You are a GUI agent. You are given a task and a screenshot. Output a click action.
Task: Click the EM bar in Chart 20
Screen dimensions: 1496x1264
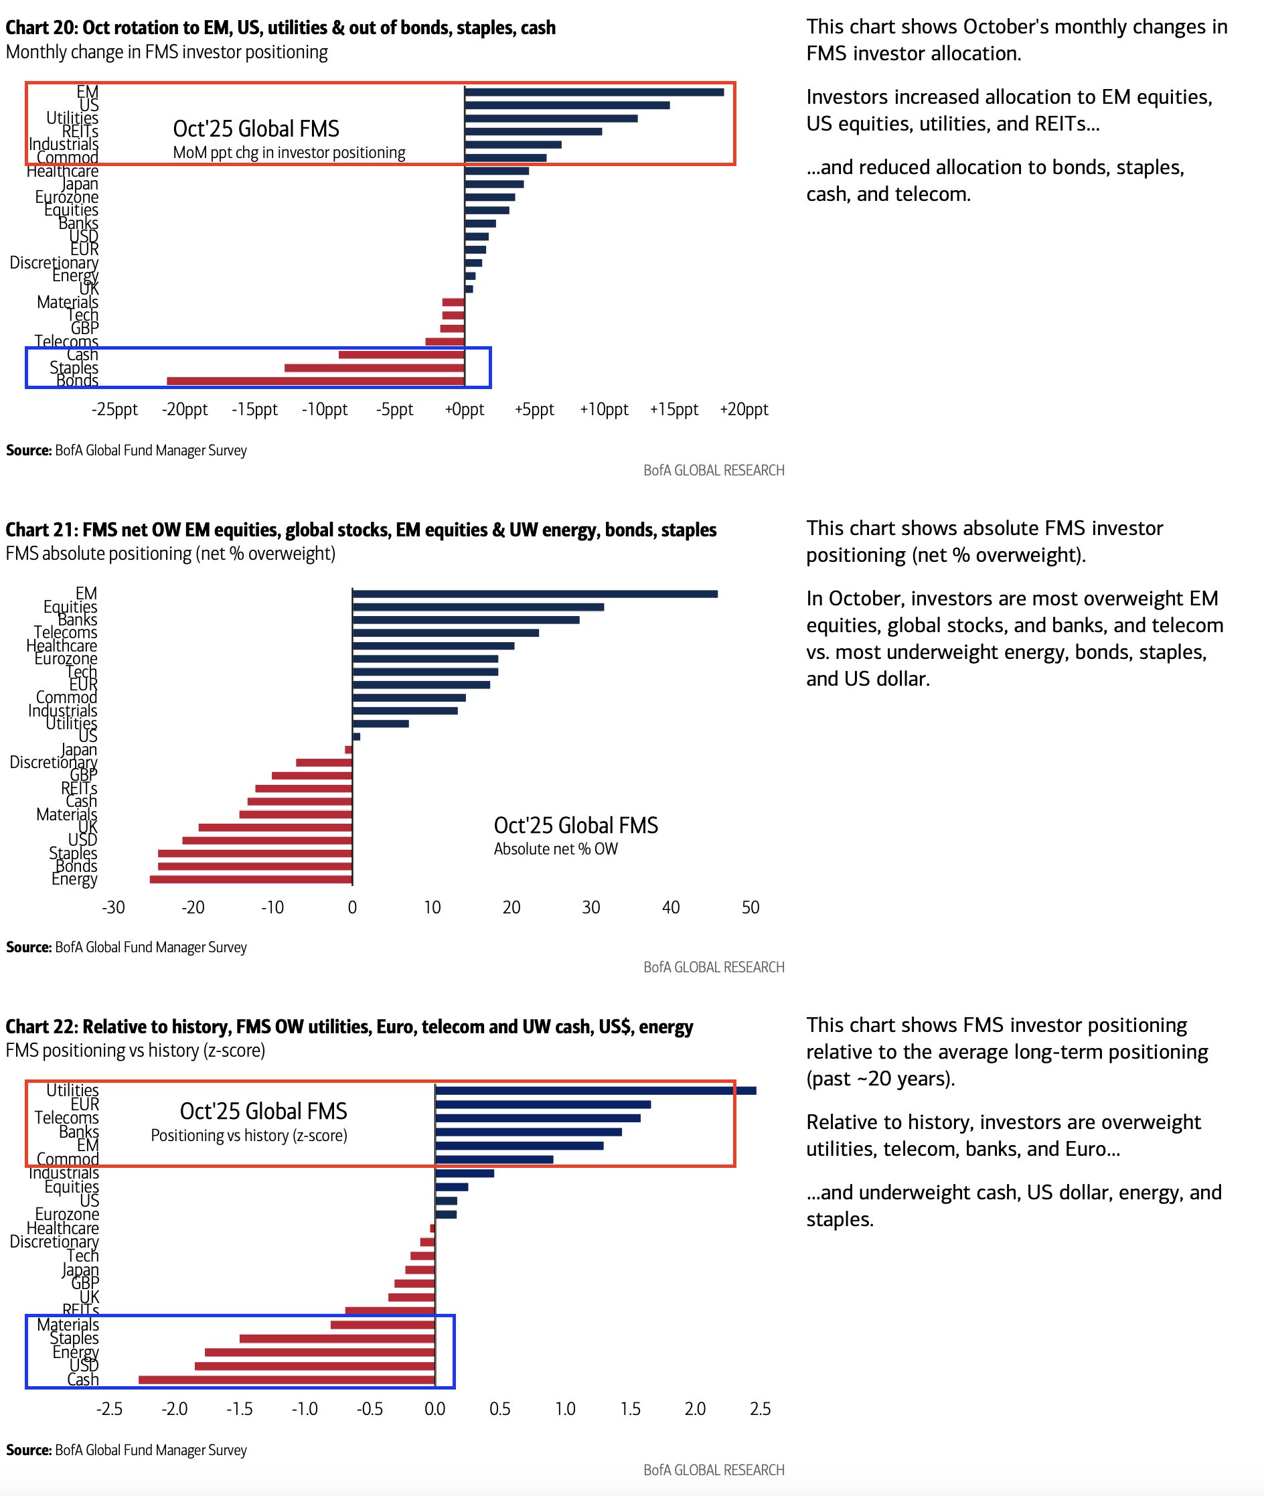click(593, 92)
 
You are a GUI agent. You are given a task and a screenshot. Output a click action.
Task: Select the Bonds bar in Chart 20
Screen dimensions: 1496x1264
click(315, 380)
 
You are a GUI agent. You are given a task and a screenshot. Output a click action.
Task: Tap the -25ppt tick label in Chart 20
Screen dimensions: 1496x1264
click(114, 409)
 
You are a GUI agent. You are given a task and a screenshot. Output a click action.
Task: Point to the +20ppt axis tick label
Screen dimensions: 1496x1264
click(744, 409)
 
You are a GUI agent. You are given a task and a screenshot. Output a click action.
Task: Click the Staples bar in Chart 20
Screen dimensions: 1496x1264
click(374, 368)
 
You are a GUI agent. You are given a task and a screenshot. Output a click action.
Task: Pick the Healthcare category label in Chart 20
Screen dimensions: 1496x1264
click(62, 171)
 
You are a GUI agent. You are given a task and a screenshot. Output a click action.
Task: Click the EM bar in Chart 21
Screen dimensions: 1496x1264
click(534, 593)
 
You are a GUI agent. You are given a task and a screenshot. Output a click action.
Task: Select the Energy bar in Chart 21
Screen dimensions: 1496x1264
click(251, 879)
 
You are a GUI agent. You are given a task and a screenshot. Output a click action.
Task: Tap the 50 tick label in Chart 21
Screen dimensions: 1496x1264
click(750, 907)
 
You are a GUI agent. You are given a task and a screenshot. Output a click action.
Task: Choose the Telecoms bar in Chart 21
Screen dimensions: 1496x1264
click(445, 632)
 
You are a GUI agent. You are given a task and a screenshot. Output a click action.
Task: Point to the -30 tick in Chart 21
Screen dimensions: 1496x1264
click(113, 907)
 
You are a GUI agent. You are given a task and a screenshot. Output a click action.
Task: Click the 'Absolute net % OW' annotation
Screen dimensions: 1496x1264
click(555, 848)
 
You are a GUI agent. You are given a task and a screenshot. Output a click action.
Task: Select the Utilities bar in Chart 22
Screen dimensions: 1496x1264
click(595, 1090)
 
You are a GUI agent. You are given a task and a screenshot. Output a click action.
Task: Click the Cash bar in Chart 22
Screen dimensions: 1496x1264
click(287, 1379)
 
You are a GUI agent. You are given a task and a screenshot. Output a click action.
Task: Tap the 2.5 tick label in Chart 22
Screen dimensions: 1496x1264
click(760, 1408)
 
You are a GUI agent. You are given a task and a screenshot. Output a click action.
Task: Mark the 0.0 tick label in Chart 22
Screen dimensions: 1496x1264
click(434, 1408)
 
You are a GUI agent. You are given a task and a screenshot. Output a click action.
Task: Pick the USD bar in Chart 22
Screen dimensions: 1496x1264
click(315, 1365)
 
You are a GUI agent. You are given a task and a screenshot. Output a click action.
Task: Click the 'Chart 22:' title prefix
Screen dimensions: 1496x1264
click(41, 1027)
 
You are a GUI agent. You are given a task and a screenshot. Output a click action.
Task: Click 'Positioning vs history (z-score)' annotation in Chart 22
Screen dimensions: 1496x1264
click(248, 1136)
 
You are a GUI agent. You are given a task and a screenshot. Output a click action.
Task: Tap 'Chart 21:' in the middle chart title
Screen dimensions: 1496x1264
click(41, 530)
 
